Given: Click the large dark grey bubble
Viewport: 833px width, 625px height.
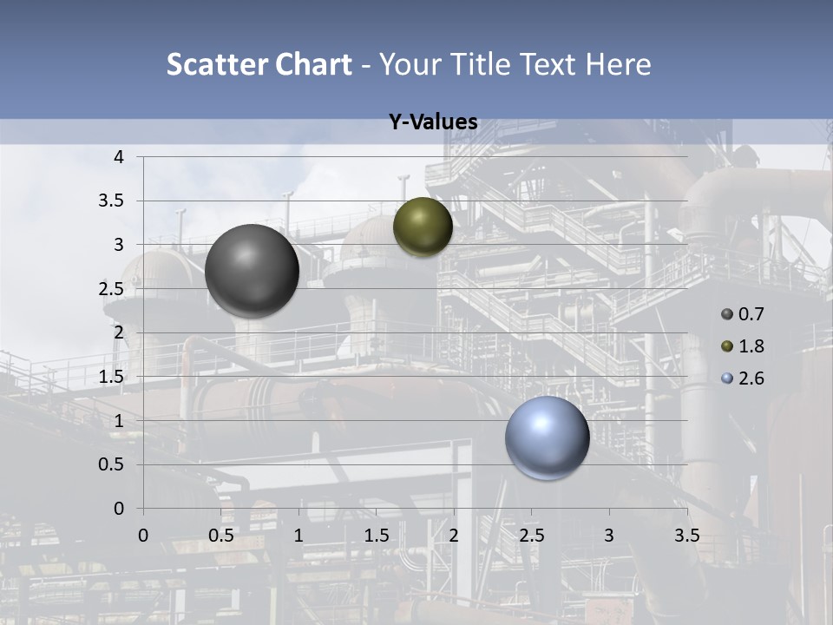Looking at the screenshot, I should coord(252,271).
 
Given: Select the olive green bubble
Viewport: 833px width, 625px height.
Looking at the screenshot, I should coord(423,227).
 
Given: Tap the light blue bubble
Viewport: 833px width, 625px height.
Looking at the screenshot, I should coord(548,437).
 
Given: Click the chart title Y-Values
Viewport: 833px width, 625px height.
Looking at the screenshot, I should coord(433,122).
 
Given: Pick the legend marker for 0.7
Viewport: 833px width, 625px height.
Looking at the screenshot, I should coord(727,314).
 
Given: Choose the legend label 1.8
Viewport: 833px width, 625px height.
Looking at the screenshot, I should coord(751,346).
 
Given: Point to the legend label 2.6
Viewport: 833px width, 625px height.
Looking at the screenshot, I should coord(751,378).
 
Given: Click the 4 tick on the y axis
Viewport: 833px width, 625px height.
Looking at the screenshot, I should coord(119,157).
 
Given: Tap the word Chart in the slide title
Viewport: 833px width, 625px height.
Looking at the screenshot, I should coord(313,64).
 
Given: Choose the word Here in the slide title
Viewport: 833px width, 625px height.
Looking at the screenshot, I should coord(618,64).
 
